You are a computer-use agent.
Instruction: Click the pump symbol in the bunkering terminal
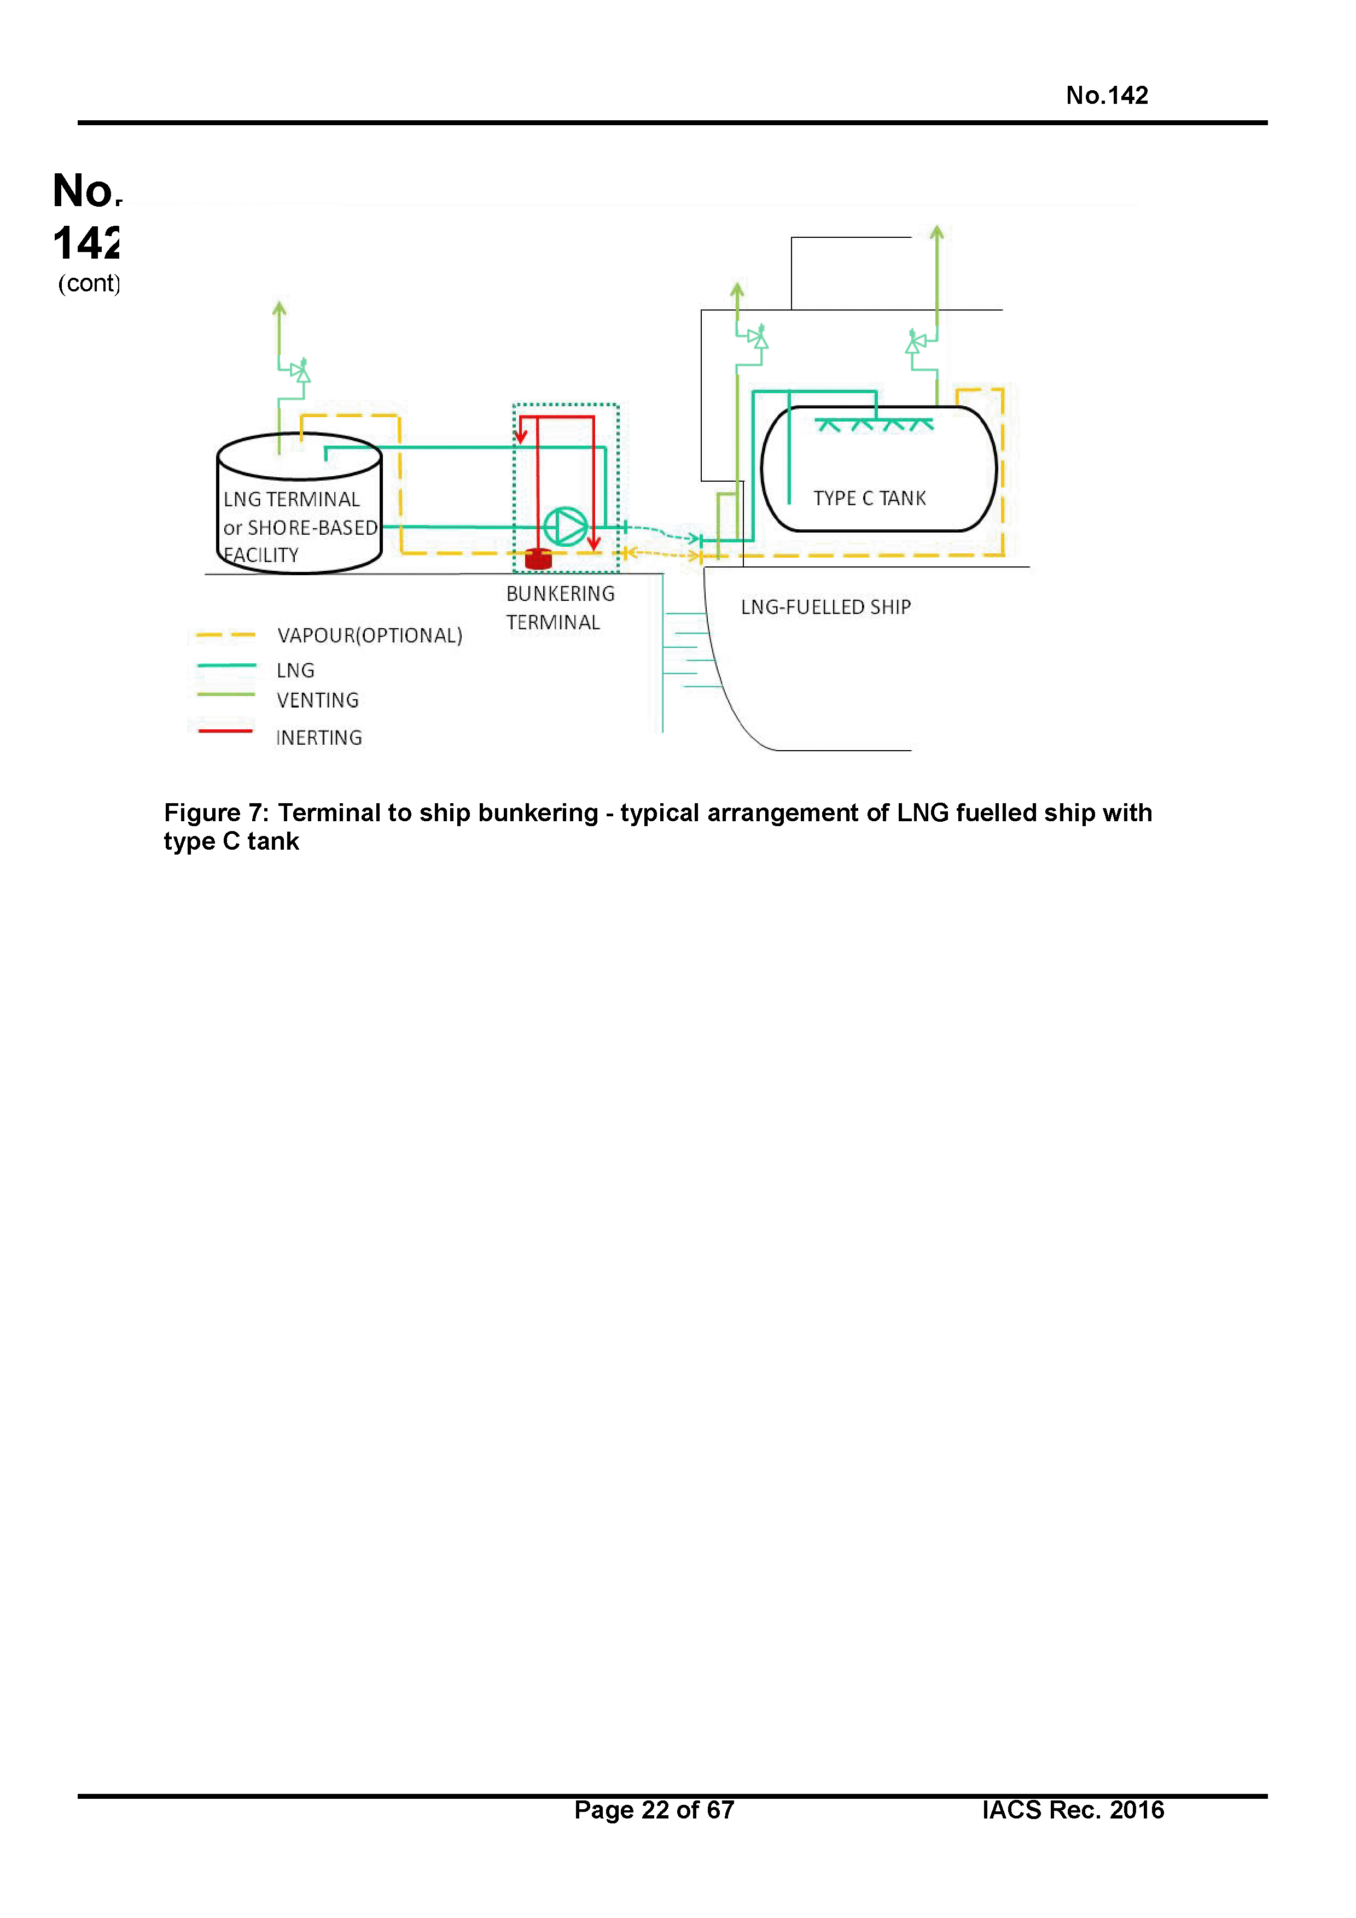click(x=566, y=527)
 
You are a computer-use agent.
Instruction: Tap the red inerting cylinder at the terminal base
click(x=538, y=558)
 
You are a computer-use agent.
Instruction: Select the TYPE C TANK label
click(x=869, y=499)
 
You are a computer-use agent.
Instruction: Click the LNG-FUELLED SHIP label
click(x=825, y=607)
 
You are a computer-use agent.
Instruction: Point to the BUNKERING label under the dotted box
click(x=560, y=594)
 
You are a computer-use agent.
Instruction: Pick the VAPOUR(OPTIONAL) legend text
click(x=369, y=636)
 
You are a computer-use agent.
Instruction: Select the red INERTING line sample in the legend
click(x=225, y=731)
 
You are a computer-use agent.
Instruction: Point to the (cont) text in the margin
click(x=89, y=284)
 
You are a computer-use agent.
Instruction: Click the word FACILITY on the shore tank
click(x=261, y=555)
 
